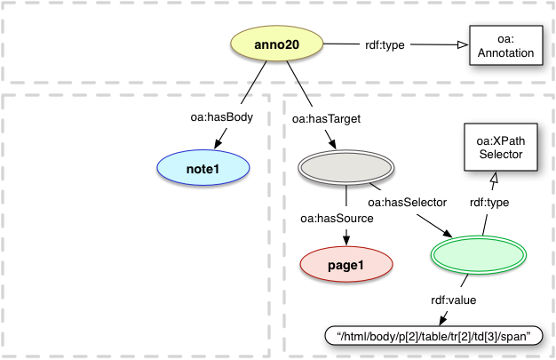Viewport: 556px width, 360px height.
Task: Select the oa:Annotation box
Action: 504,46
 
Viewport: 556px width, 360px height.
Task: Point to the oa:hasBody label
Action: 219,116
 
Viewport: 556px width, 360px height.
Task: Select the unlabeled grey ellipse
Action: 345,167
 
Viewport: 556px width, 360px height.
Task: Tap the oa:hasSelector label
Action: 406,203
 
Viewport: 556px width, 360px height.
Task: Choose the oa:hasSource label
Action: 336,219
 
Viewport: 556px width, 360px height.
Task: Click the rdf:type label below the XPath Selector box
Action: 488,203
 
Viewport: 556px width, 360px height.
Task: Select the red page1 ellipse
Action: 346,264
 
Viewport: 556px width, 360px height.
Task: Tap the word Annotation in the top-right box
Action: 504,53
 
